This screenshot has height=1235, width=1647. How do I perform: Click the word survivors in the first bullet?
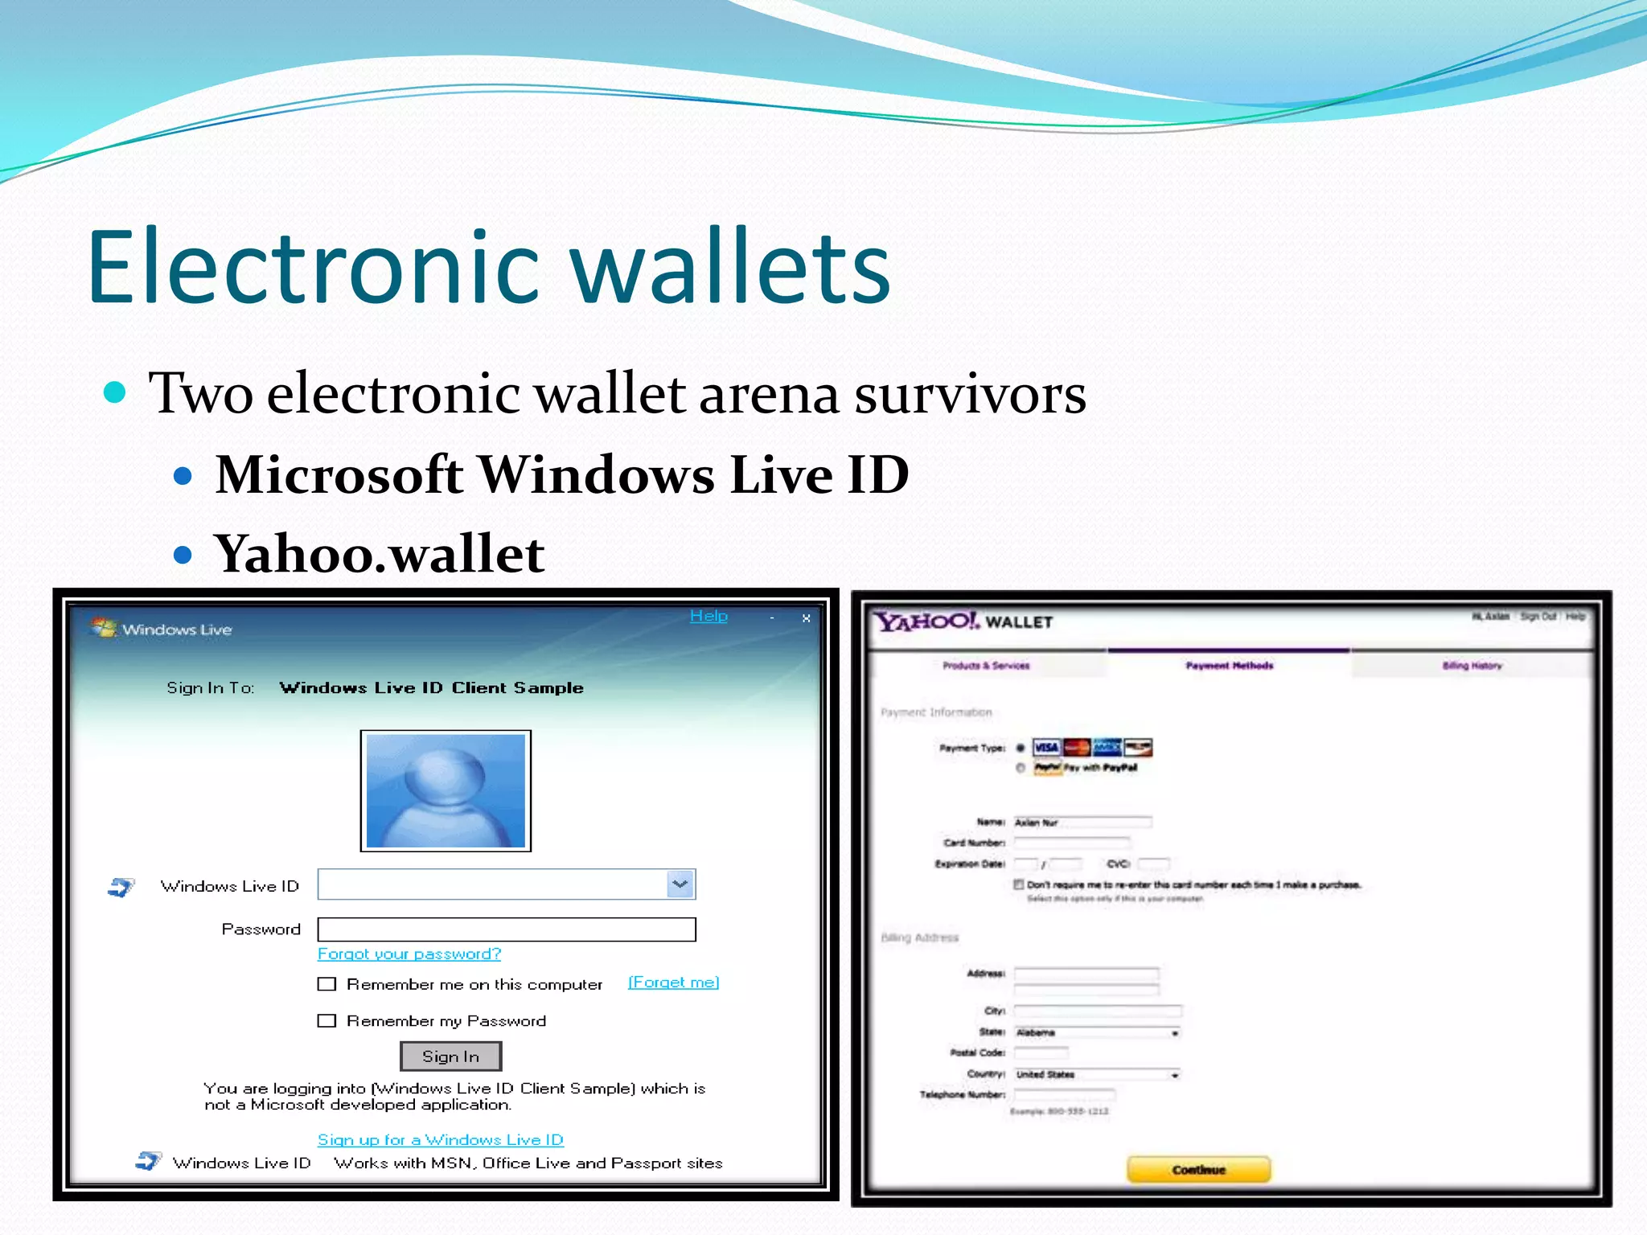point(970,394)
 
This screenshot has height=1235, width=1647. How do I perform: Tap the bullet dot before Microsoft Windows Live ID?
point(183,476)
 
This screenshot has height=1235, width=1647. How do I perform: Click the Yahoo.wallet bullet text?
point(379,554)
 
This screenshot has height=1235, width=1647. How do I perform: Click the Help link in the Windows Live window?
point(708,616)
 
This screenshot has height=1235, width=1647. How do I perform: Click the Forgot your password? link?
point(409,954)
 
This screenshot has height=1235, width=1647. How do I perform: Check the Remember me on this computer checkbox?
point(327,984)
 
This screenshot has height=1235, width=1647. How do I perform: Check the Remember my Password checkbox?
point(327,1020)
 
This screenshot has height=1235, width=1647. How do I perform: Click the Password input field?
point(507,929)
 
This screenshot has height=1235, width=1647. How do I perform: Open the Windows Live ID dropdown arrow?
point(680,884)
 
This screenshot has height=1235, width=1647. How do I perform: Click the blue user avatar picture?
point(446,790)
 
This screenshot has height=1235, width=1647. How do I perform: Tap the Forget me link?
point(673,983)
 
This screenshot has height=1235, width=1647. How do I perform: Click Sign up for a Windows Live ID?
point(441,1139)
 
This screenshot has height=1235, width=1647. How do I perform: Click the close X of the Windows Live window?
point(806,618)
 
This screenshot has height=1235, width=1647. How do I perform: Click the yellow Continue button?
point(1198,1169)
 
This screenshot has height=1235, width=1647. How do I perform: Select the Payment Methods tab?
point(1229,665)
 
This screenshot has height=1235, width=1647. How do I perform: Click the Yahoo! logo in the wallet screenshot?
point(927,622)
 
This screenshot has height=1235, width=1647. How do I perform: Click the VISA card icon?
point(1046,748)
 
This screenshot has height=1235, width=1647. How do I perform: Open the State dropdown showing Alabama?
point(1174,1032)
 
